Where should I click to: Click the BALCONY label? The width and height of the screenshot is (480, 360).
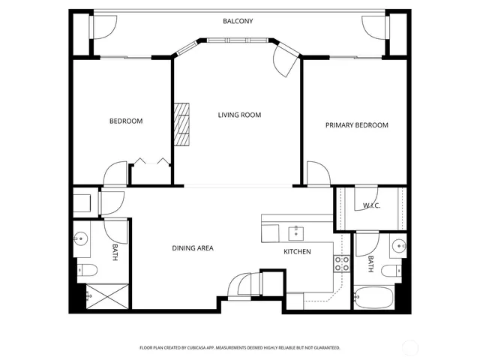pyautogui.click(x=238, y=21)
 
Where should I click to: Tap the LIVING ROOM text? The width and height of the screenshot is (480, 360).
pyautogui.click(x=239, y=115)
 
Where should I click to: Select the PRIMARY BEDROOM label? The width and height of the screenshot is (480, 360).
pyautogui.click(x=356, y=125)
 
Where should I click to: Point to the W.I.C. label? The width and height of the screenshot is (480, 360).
pyautogui.click(x=371, y=205)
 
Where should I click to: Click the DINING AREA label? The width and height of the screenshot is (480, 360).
pyautogui.click(x=193, y=248)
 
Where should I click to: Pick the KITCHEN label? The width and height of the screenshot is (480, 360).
pyautogui.click(x=297, y=251)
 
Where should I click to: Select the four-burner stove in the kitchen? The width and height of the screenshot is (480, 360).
pyautogui.click(x=341, y=264)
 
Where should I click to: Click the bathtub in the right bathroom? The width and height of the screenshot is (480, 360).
pyautogui.click(x=373, y=298)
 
